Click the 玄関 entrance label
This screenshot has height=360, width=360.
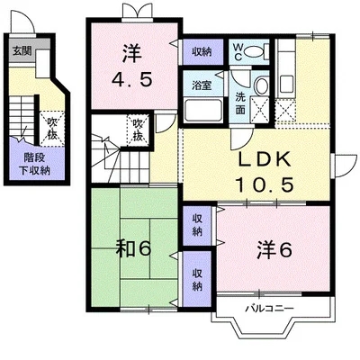click(22, 51)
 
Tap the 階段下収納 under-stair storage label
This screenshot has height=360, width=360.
click(35, 165)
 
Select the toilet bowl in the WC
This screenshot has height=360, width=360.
click(252, 51)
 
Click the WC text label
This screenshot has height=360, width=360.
click(238, 52)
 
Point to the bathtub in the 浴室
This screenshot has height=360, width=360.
click(203, 110)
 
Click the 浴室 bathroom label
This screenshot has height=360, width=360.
click(202, 85)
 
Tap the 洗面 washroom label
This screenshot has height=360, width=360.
click(240, 103)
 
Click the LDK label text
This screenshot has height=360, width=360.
click(264, 159)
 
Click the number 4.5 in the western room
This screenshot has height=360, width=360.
click(132, 79)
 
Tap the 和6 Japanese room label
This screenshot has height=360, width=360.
click(133, 249)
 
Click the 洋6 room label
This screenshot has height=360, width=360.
click(274, 250)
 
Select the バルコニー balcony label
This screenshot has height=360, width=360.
click(270, 309)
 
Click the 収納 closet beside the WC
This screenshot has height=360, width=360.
click(202, 51)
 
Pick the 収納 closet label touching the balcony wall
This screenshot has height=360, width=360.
click(197, 280)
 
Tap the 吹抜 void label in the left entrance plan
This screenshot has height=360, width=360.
click(52, 129)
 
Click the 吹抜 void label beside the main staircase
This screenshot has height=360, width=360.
click(138, 130)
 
